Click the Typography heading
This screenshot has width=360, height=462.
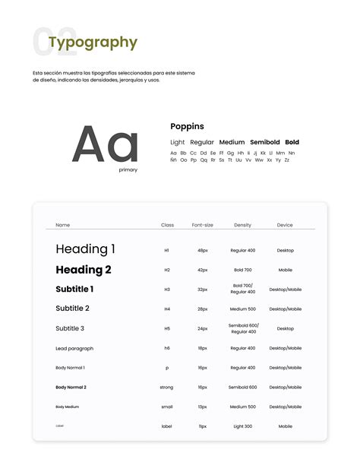pos(93,43)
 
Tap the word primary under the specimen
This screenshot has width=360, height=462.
pos(128,170)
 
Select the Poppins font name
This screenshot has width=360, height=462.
pos(187,126)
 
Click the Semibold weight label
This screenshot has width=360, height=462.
pos(265,142)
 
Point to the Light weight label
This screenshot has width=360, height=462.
pos(178,142)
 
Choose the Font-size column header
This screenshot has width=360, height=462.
pos(203,225)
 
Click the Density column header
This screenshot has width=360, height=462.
pos(243,225)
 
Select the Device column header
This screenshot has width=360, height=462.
pos(285,225)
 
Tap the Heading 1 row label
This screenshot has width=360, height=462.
pos(86,249)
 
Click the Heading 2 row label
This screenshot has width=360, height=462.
pos(84,270)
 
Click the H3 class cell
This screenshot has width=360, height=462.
pos(167,290)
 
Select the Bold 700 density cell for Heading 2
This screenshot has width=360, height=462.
pos(243,270)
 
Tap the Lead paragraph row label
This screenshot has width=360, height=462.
pos(74,348)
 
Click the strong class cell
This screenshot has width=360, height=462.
pos(167,388)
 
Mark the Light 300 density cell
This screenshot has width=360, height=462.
pos(243,426)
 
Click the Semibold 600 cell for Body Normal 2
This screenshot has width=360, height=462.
pos(243,388)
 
